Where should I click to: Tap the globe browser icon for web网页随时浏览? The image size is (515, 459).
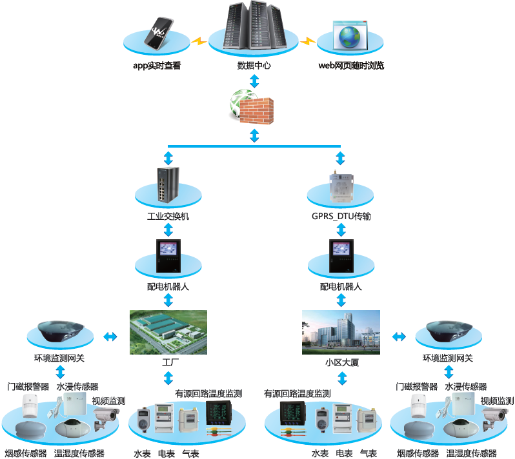click(x=349, y=36)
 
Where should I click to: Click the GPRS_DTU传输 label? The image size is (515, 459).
click(x=340, y=217)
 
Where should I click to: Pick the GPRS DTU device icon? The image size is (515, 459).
click(x=340, y=187)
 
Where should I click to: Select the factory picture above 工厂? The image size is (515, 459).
click(x=168, y=332)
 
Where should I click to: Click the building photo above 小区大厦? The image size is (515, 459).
click(x=341, y=332)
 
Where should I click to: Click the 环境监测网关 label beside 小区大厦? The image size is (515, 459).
click(x=448, y=358)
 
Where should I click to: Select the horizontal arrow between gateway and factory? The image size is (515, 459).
click(x=110, y=337)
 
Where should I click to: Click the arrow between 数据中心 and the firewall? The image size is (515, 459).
click(x=254, y=81)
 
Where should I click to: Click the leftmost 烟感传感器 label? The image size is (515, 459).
click(x=26, y=453)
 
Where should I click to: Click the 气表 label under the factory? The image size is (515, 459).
click(x=190, y=454)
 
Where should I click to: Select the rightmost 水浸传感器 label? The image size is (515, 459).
click(x=465, y=387)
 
